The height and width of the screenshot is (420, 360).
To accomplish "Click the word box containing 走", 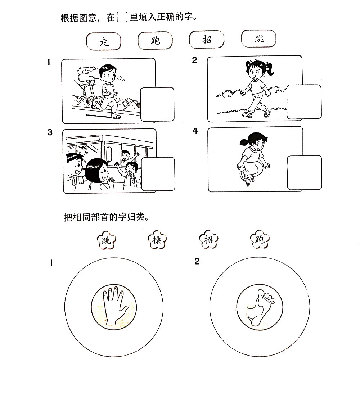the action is (x=104, y=41).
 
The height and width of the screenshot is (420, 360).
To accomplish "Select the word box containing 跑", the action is (x=155, y=40).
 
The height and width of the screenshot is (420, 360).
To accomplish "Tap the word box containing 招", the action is (x=207, y=39).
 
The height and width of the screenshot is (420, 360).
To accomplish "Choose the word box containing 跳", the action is (x=258, y=39).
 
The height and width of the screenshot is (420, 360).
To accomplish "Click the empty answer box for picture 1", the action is (x=157, y=104).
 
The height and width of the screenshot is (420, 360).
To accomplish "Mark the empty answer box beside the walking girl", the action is (x=304, y=102).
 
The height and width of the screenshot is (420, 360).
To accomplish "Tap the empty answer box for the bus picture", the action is (x=158, y=174).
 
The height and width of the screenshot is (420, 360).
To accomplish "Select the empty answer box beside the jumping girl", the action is (x=305, y=172).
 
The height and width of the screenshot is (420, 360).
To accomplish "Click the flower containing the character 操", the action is (x=157, y=240).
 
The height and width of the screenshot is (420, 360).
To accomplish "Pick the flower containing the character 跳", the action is (x=106, y=240).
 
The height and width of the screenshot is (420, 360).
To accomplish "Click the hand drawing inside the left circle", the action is (x=115, y=305).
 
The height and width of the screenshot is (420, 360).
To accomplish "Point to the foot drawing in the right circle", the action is (x=260, y=307).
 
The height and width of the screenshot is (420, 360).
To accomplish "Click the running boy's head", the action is (x=108, y=73).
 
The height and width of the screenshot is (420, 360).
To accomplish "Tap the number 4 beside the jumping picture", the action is (x=195, y=131).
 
